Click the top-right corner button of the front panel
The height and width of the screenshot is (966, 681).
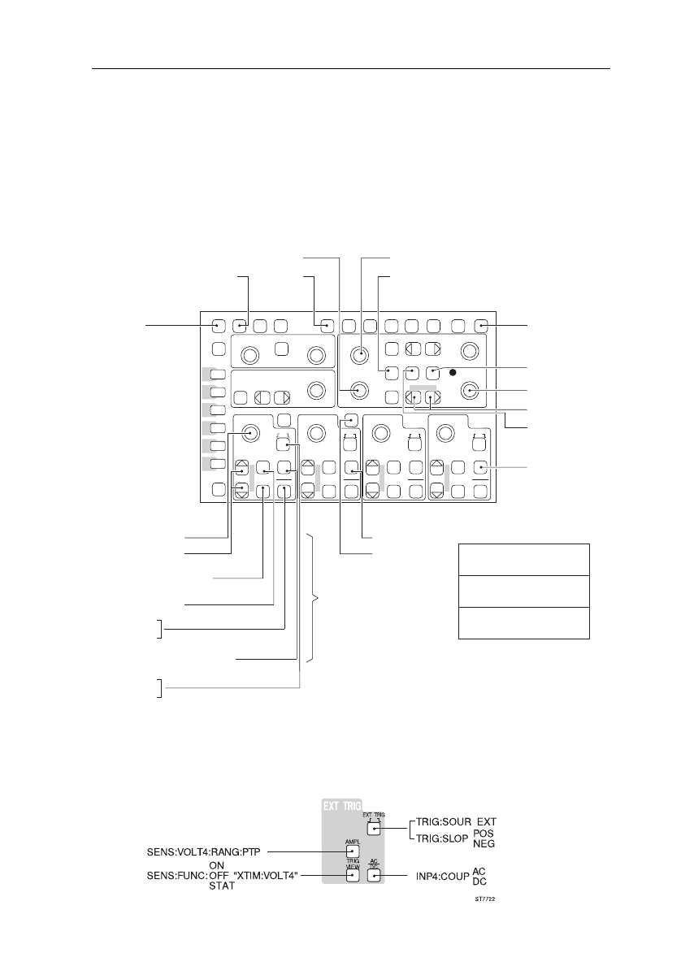pyautogui.click(x=482, y=327)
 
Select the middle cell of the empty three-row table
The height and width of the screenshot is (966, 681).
pyautogui.click(x=523, y=591)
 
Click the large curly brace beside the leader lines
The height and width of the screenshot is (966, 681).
pyautogui.click(x=314, y=599)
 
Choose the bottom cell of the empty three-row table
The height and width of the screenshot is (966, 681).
pyautogui.click(x=523, y=622)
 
